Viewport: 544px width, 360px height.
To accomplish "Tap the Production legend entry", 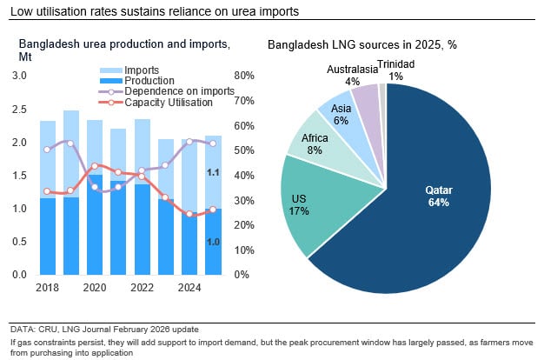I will point(148,80).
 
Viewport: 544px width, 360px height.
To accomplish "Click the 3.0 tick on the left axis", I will point(19,77).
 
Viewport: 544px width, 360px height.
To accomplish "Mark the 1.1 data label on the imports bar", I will point(212,172).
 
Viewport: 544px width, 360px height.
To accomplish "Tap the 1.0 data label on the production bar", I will point(212,242).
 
